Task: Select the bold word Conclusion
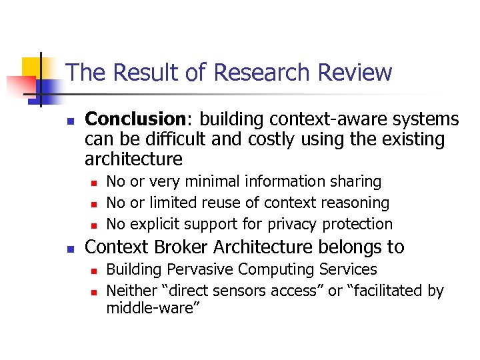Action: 135,119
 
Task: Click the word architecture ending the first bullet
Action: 133,159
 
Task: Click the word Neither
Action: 129,291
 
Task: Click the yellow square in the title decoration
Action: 31,67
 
